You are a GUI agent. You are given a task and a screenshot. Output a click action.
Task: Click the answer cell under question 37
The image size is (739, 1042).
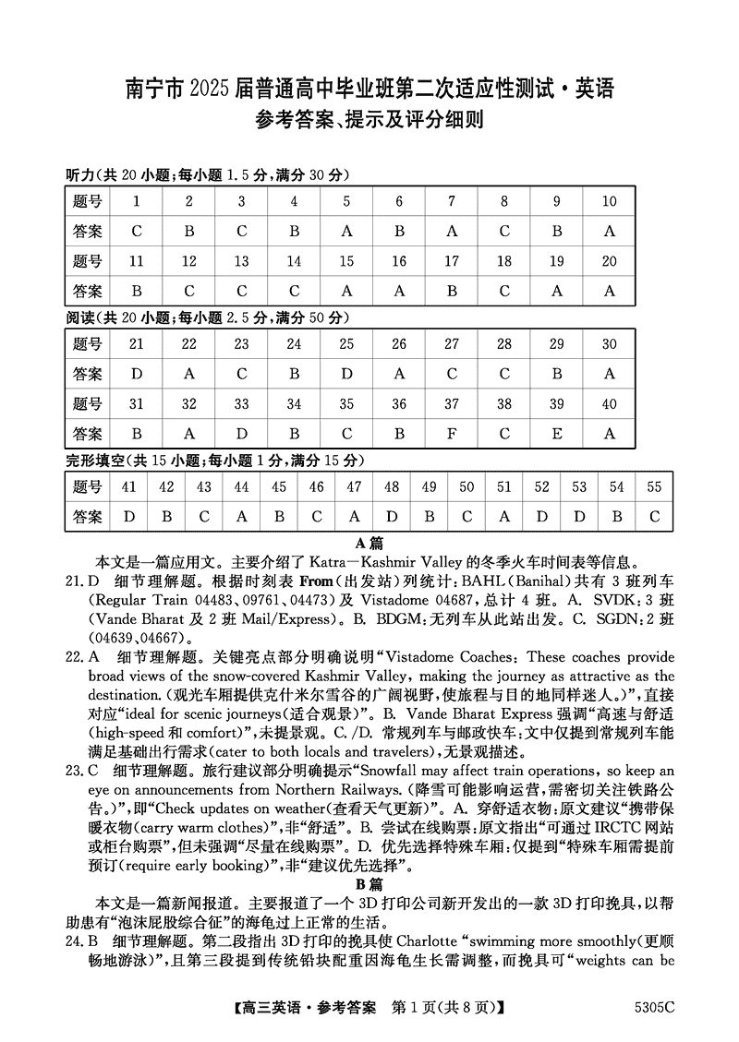[x=452, y=433]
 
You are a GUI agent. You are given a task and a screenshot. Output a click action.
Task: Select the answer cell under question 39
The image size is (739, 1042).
[x=557, y=433]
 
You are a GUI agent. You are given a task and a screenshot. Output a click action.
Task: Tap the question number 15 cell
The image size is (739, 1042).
[x=346, y=261]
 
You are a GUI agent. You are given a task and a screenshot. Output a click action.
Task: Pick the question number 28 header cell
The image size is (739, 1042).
[x=504, y=344]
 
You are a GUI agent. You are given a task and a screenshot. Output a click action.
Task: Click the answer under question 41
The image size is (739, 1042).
[x=128, y=516]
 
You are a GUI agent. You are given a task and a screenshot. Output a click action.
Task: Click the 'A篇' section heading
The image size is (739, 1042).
[x=369, y=543]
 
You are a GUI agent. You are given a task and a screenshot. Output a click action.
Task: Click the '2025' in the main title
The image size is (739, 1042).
[x=215, y=90]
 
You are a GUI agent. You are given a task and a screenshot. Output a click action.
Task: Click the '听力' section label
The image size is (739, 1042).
[x=81, y=175]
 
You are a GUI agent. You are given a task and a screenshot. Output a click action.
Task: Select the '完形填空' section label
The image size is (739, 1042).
[x=95, y=460]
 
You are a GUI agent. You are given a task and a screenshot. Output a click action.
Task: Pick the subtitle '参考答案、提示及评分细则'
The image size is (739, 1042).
[x=369, y=120]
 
